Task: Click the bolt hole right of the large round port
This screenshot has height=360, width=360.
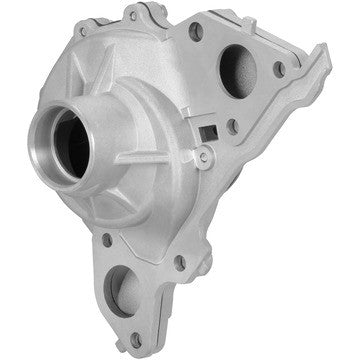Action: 279,68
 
